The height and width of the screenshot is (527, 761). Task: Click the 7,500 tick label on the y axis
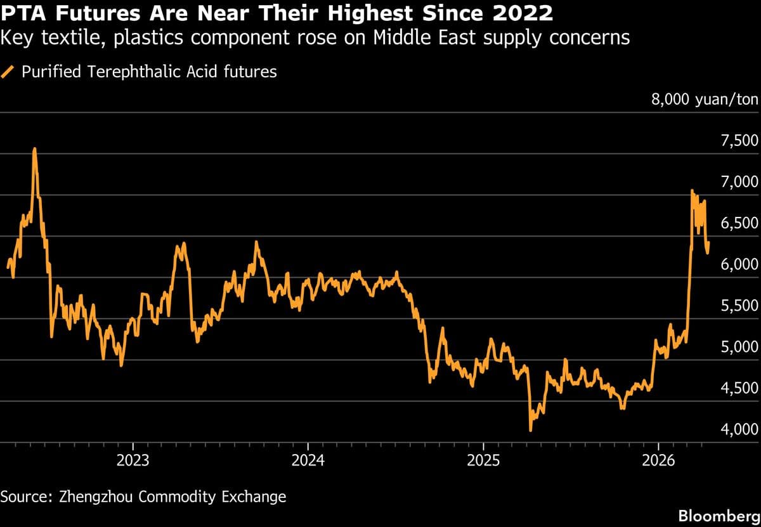[x=740, y=141]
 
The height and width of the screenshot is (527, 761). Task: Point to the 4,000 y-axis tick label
[x=740, y=429]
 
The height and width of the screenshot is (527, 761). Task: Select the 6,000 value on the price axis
[x=740, y=264]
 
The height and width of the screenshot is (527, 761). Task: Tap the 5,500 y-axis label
[x=740, y=306]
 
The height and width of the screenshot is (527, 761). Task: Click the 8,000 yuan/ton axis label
[x=705, y=100]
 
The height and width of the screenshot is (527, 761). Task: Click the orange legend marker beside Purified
[x=9, y=72]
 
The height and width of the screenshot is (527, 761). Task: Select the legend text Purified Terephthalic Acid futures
[x=149, y=72]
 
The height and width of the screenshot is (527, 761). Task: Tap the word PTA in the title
[x=23, y=12]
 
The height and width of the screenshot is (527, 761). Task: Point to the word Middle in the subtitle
[x=405, y=38]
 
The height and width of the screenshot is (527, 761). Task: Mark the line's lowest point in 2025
[x=530, y=431]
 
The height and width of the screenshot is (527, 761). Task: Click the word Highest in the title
[x=380, y=12]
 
